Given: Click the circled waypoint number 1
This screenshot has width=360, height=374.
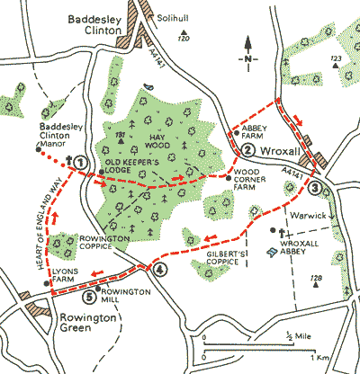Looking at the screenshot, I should (81, 162).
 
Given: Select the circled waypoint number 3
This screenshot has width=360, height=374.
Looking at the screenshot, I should (314, 189).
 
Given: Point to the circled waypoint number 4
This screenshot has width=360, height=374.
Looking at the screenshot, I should (159, 270).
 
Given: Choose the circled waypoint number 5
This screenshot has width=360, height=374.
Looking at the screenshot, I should (88, 298).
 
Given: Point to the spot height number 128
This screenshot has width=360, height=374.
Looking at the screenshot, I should (315, 280).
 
